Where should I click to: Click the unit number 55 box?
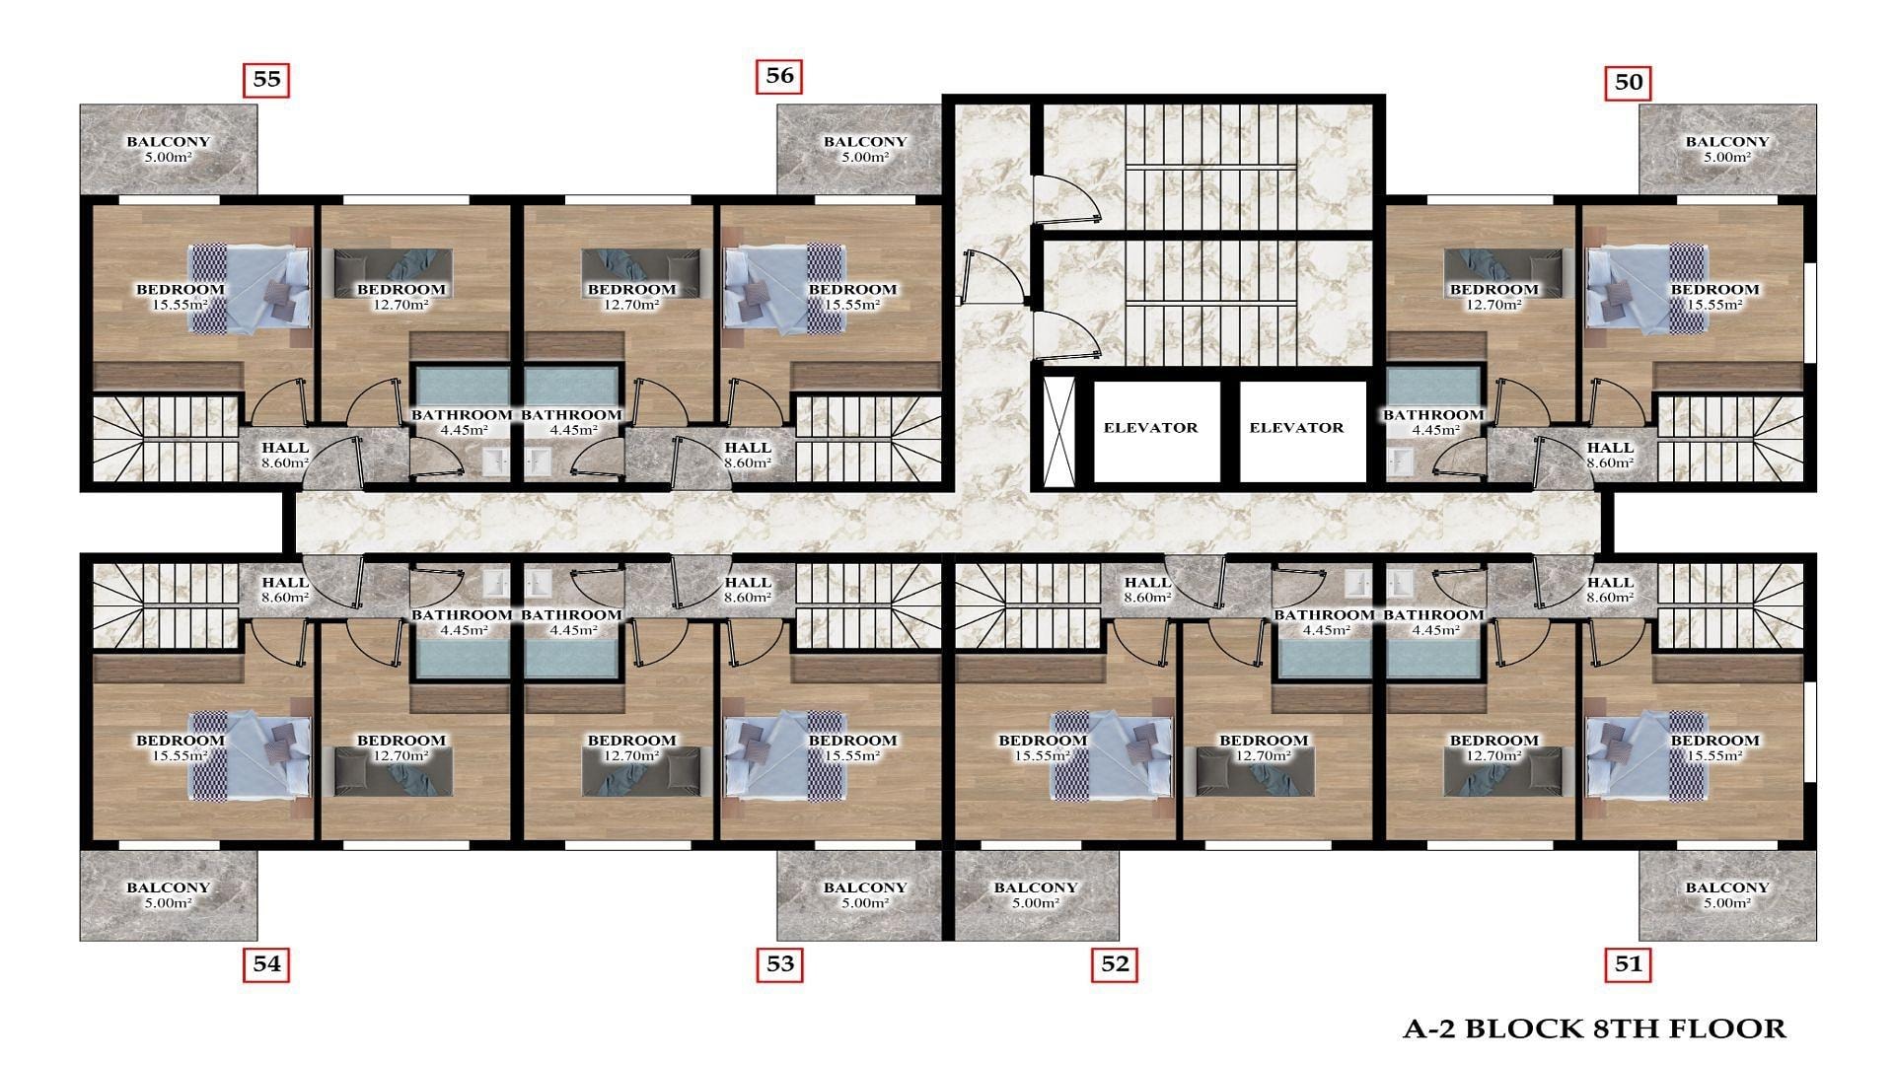click(266, 80)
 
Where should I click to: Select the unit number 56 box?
click(779, 76)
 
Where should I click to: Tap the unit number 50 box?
click(1628, 83)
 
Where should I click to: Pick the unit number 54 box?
click(266, 963)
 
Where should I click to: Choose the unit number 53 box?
click(779, 963)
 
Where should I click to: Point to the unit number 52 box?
click(1115, 963)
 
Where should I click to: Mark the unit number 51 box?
click(1628, 963)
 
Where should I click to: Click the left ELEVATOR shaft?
click(1151, 430)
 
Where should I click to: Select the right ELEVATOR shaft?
click(1297, 430)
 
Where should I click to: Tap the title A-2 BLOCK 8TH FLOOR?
click(1594, 1029)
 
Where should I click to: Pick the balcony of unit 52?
click(1037, 895)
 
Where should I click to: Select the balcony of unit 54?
click(169, 895)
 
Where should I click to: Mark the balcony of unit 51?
click(1727, 895)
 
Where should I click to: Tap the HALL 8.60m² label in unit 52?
click(1147, 590)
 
